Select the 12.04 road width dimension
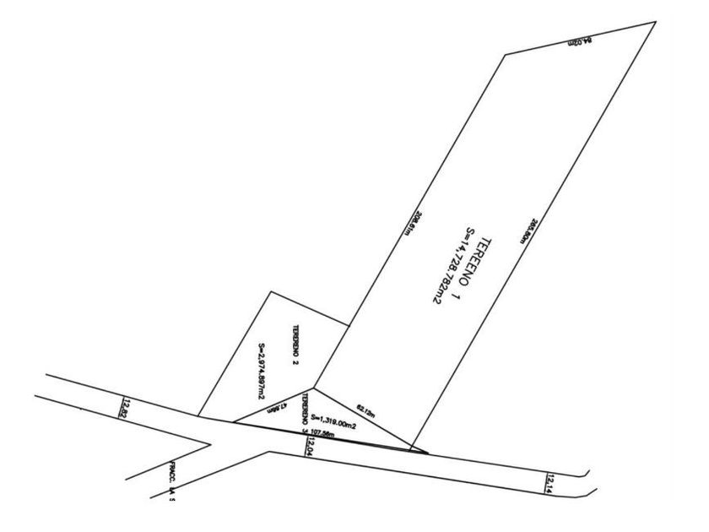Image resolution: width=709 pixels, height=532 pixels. coord(310,446)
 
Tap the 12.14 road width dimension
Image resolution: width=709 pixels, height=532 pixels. coord(549,482)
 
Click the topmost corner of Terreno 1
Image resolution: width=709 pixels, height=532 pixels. coord(655,22)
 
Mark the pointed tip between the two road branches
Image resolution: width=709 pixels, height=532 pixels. coord(209,441)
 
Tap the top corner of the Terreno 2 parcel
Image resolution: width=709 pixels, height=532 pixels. coord(270,292)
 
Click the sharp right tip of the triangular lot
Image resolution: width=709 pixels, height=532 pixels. coord(428,453)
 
